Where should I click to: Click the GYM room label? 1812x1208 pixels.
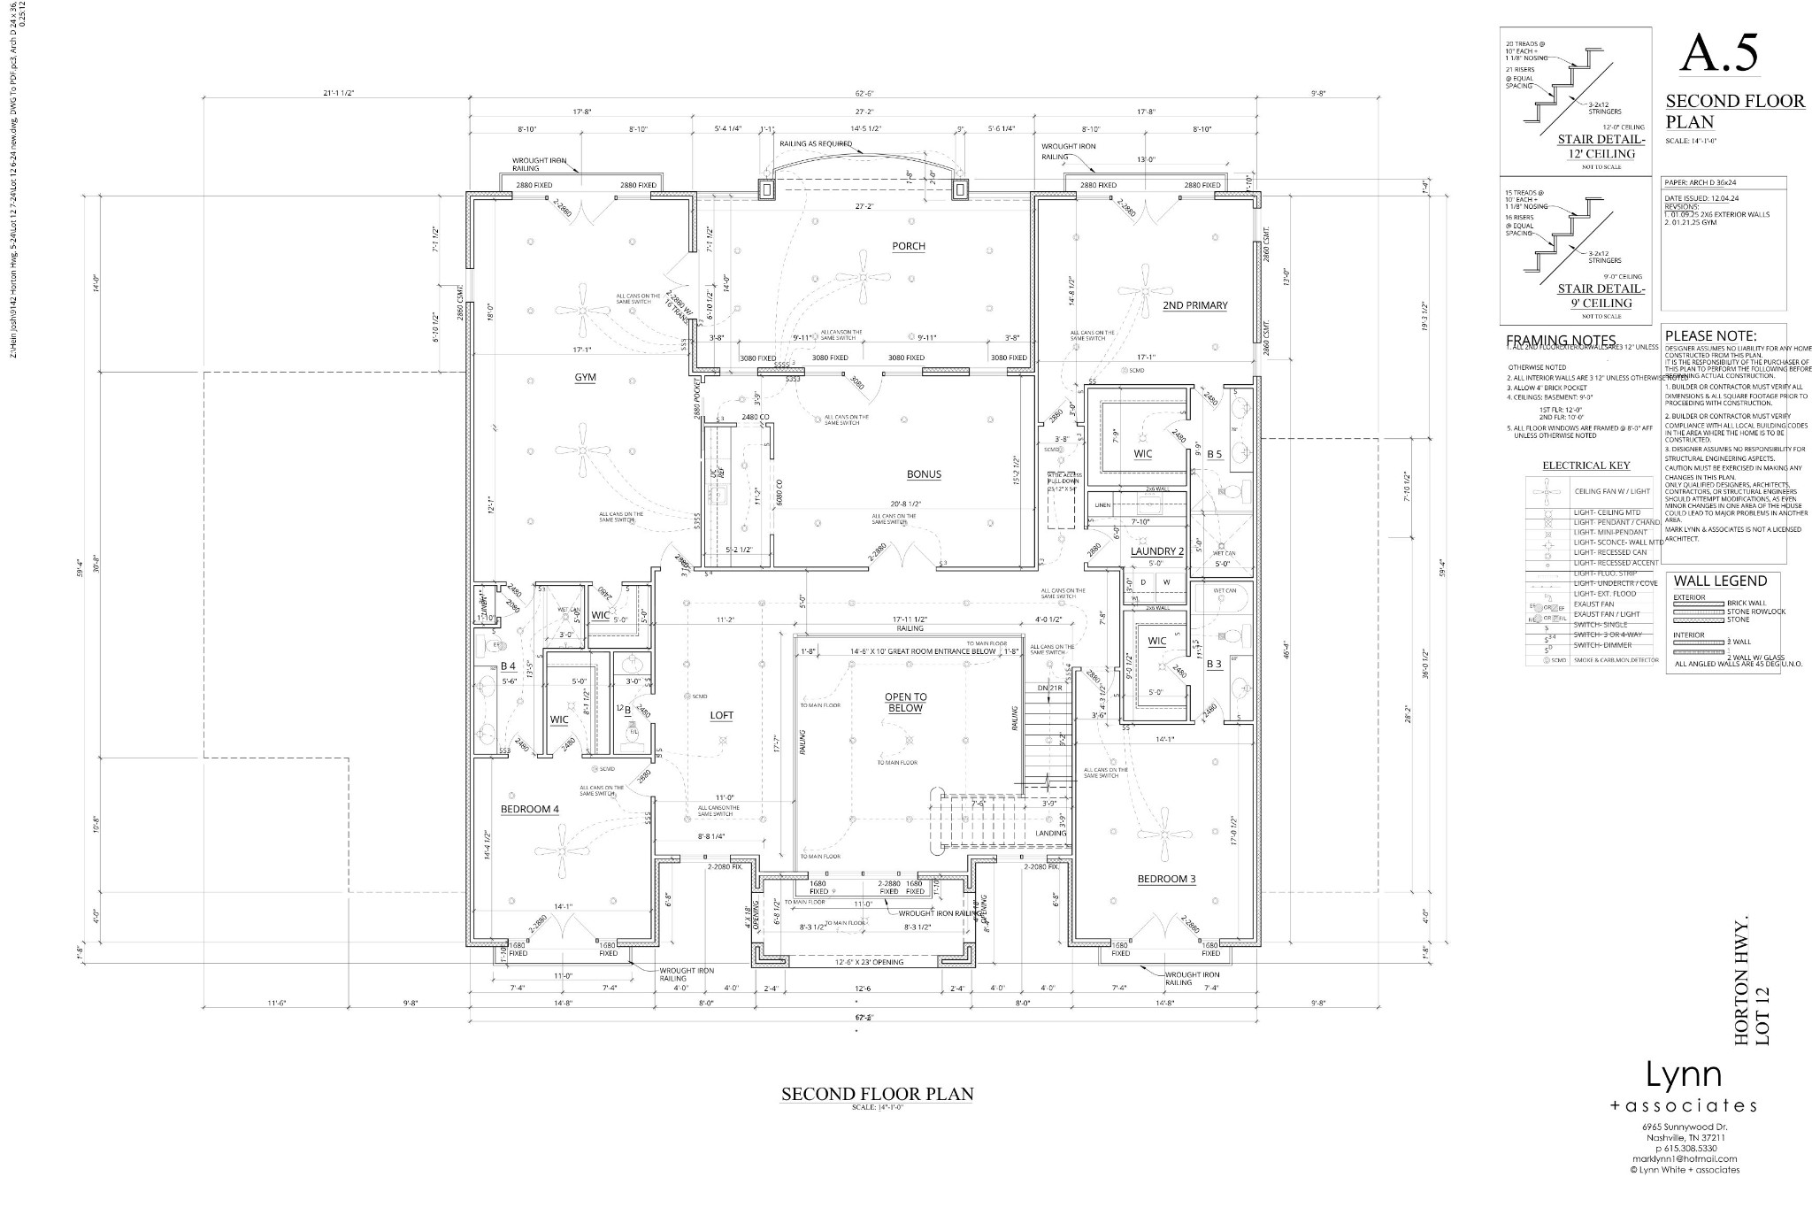tap(585, 378)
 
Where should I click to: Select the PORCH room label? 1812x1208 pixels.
tap(909, 246)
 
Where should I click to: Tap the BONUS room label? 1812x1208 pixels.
tap(924, 474)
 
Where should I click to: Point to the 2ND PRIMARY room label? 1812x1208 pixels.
tap(1195, 305)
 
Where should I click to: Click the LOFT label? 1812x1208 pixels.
tap(721, 715)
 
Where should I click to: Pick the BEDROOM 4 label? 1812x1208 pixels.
tap(529, 809)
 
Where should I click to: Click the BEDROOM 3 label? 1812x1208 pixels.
tap(1167, 879)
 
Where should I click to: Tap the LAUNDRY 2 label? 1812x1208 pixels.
tap(1156, 551)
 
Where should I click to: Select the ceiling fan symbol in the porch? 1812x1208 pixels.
tap(863, 277)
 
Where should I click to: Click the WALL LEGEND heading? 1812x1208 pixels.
tap(1720, 581)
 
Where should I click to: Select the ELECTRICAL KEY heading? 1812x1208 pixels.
tap(1586, 466)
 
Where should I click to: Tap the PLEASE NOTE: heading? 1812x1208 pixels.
tap(1710, 336)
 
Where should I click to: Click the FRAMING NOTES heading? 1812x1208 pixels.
tap(1561, 341)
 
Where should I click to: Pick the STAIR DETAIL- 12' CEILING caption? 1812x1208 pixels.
tap(1601, 146)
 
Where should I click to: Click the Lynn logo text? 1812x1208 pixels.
tap(1683, 1074)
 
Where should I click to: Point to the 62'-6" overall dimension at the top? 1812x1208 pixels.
tap(865, 93)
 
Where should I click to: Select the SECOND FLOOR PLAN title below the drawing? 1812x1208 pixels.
tap(877, 1095)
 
